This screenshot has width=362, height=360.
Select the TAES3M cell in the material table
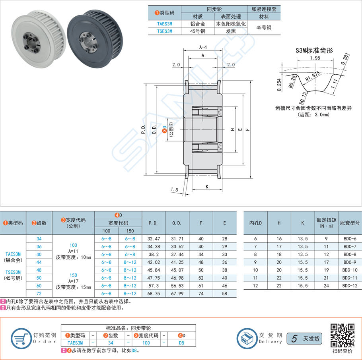pos(164,24)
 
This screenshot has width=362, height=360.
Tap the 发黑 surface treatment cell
pos(231,31)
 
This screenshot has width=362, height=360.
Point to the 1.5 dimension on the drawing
pos(174,190)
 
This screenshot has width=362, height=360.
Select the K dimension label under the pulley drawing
pos(207,186)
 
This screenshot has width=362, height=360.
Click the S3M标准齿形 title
pos(314,50)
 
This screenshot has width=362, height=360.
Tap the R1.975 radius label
pos(313,76)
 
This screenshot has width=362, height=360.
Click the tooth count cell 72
pos(39,293)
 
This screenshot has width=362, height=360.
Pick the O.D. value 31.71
pos(177,239)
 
